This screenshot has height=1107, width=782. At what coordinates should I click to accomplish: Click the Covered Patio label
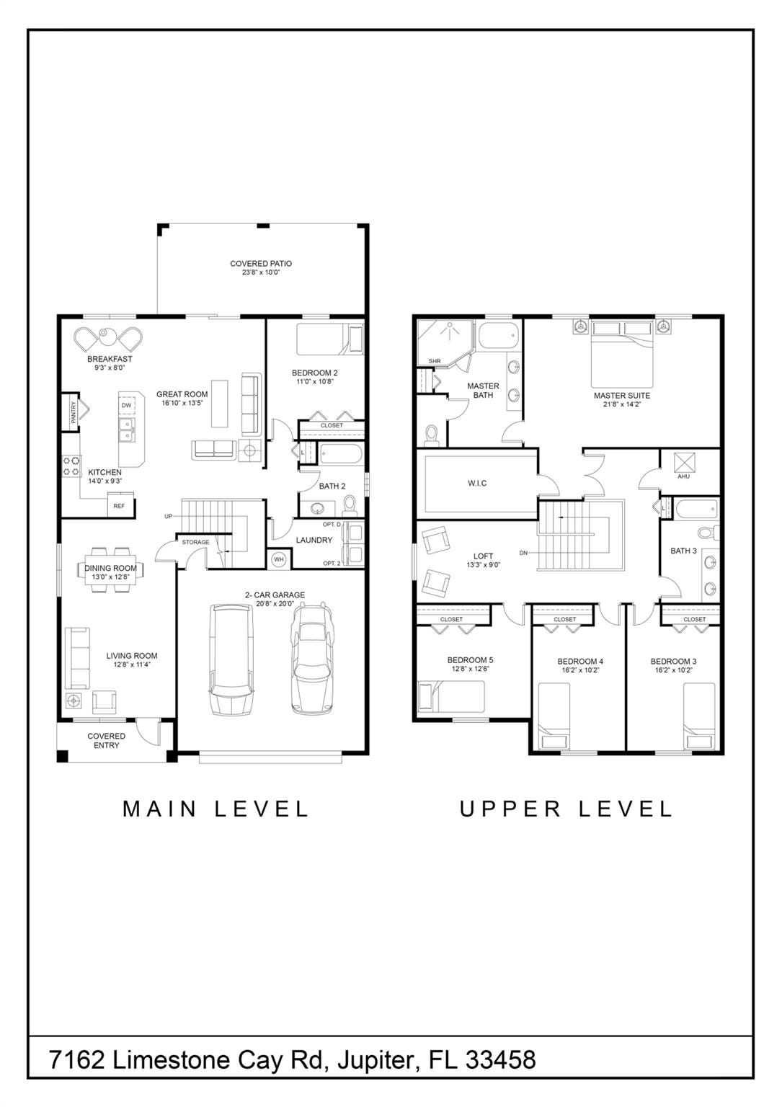pos(260,264)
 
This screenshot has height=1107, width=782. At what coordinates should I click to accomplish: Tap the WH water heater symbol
pos(278,559)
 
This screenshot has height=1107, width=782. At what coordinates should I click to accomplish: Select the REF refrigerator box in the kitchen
pos(119,506)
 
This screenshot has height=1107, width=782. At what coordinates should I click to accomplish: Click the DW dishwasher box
pos(127,406)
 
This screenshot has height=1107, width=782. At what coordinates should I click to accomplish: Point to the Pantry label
pos(73,412)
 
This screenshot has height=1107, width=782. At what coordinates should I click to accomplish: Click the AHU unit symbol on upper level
pos(683,462)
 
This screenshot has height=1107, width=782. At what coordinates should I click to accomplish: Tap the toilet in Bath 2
pos(350,503)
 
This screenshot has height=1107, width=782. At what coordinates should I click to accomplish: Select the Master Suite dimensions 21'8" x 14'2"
pos(621,405)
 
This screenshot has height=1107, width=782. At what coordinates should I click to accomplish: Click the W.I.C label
pos(476,483)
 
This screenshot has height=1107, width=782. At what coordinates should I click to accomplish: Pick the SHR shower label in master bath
pos(434,361)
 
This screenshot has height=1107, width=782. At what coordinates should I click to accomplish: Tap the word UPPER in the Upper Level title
pos(510,809)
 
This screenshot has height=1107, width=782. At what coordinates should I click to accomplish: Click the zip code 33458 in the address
pos(501,1059)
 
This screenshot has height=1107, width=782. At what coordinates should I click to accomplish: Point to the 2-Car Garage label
pos(275,595)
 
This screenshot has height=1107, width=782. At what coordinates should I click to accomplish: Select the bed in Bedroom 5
pos(451,696)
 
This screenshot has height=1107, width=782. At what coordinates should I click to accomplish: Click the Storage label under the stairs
pos(195,542)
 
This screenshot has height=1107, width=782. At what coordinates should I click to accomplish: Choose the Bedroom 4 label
pos(580,661)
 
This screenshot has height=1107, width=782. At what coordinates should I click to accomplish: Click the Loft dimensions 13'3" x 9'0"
pos(483,565)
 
